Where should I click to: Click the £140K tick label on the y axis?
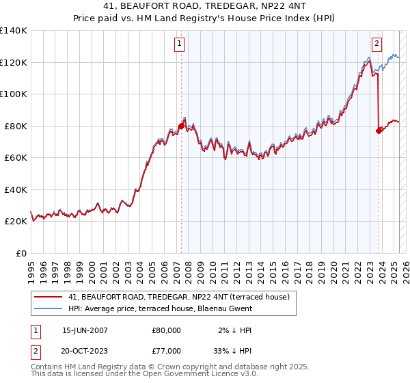tap(14, 31)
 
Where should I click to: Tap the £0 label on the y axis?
tap(20, 253)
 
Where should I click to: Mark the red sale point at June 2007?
tap(181, 126)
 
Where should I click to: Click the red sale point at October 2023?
tap(379, 131)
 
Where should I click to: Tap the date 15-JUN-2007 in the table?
tap(85, 330)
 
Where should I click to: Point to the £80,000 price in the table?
tap(166, 330)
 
